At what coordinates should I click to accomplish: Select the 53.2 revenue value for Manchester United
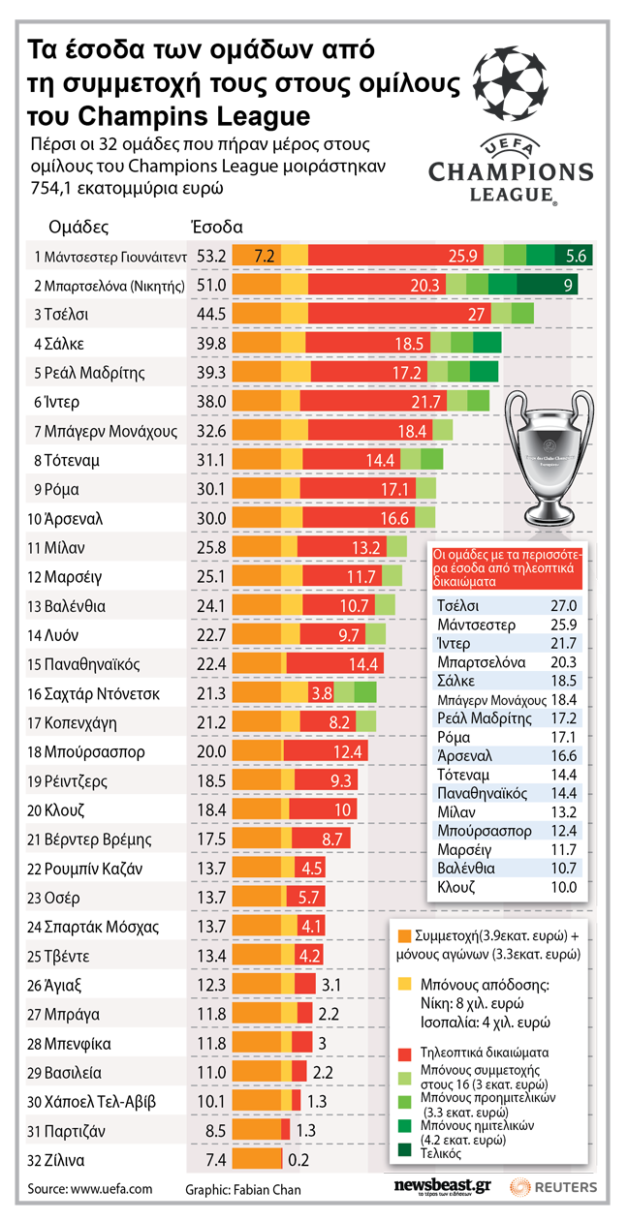211,257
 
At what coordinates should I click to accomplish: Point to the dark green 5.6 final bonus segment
577,257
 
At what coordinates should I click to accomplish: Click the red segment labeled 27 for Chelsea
476,315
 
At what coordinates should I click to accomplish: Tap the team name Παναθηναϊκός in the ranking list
92,664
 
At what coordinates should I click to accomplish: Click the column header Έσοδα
216,227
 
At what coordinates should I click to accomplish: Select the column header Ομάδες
78,227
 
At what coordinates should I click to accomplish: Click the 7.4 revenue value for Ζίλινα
211,1160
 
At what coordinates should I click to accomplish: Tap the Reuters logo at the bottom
554,1187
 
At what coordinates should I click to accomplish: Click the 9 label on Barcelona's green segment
568,286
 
